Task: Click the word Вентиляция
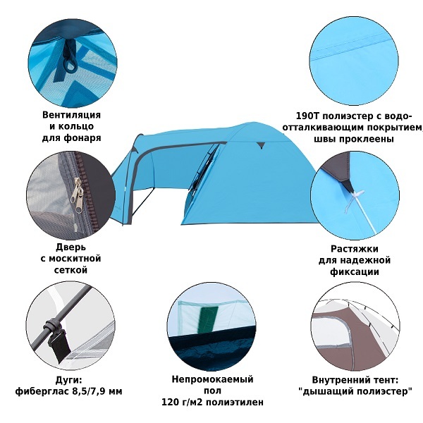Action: pos(71,115)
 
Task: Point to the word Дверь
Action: pos(71,247)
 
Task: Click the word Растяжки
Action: pos(355,248)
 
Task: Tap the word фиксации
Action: pos(355,271)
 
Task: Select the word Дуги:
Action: pos(68,380)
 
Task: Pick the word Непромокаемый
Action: pos(213,379)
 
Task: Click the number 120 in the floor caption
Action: pos(170,402)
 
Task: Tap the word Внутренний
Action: pos(342,380)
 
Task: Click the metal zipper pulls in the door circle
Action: pos(76,195)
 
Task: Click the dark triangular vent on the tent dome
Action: pos(260,145)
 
